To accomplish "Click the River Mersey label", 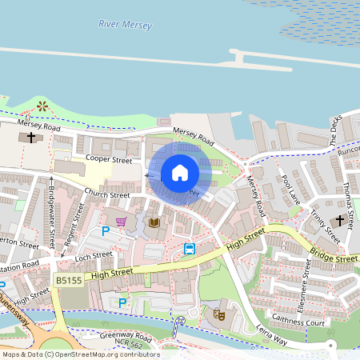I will pyautogui.click(x=125, y=25).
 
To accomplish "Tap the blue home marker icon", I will pyautogui.click(x=180, y=173).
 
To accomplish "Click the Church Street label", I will pyautogui.click(x=108, y=194).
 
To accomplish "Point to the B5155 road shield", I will pyautogui.click(x=68, y=280).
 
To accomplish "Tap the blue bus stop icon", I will pyautogui.click(x=190, y=248).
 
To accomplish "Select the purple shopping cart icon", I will pyautogui.click(x=121, y=222).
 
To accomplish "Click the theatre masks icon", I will pyautogui.click(x=216, y=314).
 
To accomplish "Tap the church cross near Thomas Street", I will pyautogui.click(x=339, y=220).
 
